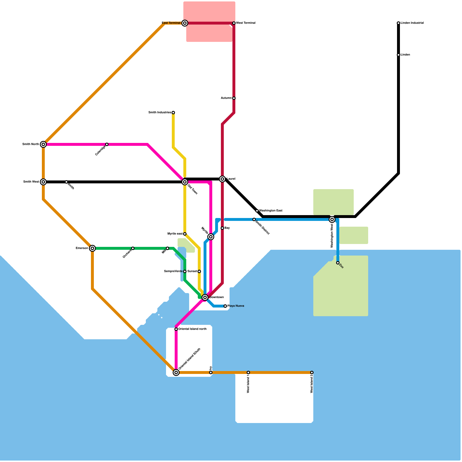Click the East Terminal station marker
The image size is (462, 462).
[x=185, y=23]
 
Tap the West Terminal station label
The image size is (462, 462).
[x=246, y=23]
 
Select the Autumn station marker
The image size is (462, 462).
[x=234, y=98]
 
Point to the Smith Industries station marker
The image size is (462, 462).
[x=173, y=113]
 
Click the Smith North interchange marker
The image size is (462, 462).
[x=43, y=144]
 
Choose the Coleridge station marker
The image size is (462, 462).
[x=107, y=144]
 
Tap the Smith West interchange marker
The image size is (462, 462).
[x=43, y=182]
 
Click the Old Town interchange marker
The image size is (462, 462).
[x=185, y=182]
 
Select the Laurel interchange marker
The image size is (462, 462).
[x=222, y=179]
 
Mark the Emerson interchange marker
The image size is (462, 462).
[x=92, y=248]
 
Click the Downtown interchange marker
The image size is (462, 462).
[x=205, y=297]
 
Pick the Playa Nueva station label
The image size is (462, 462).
[x=236, y=306]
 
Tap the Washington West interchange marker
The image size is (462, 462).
[x=332, y=219]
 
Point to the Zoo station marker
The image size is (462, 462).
[x=338, y=263]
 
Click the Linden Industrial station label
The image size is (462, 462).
[x=412, y=23]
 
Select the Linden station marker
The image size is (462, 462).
[x=398, y=55]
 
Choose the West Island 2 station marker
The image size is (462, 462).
[x=312, y=372]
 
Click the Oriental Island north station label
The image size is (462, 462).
[x=192, y=329]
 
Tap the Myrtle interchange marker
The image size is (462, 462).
[x=211, y=237]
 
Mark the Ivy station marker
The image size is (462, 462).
[x=211, y=372]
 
